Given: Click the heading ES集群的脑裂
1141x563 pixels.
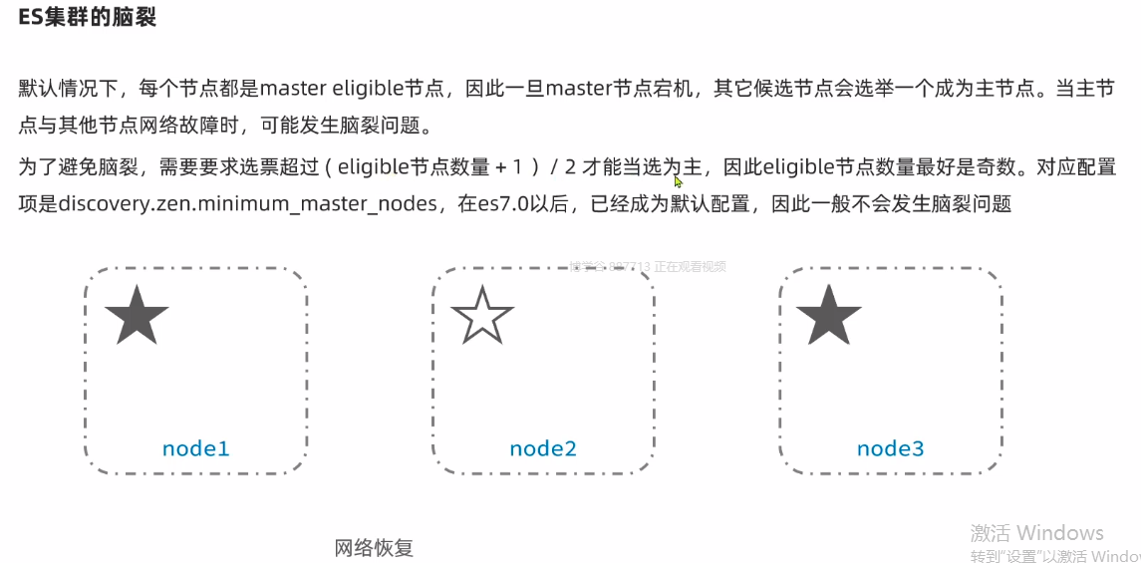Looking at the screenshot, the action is click(88, 18).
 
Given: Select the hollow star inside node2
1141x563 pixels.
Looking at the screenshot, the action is click(482, 315).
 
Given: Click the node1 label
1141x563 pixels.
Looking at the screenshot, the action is click(196, 448).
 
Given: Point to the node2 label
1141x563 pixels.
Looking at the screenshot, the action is click(543, 448).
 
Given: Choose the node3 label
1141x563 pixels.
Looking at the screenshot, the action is click(890, 448).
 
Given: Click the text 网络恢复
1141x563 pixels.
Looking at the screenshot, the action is click(374, 547).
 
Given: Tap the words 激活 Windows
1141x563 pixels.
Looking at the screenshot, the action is click(1037, 532).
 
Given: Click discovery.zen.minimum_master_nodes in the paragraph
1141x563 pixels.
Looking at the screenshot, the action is click(249, 204).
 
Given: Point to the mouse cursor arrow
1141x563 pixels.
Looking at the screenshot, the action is click(678, 180).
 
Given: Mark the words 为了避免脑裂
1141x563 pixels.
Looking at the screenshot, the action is click(69, 166).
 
